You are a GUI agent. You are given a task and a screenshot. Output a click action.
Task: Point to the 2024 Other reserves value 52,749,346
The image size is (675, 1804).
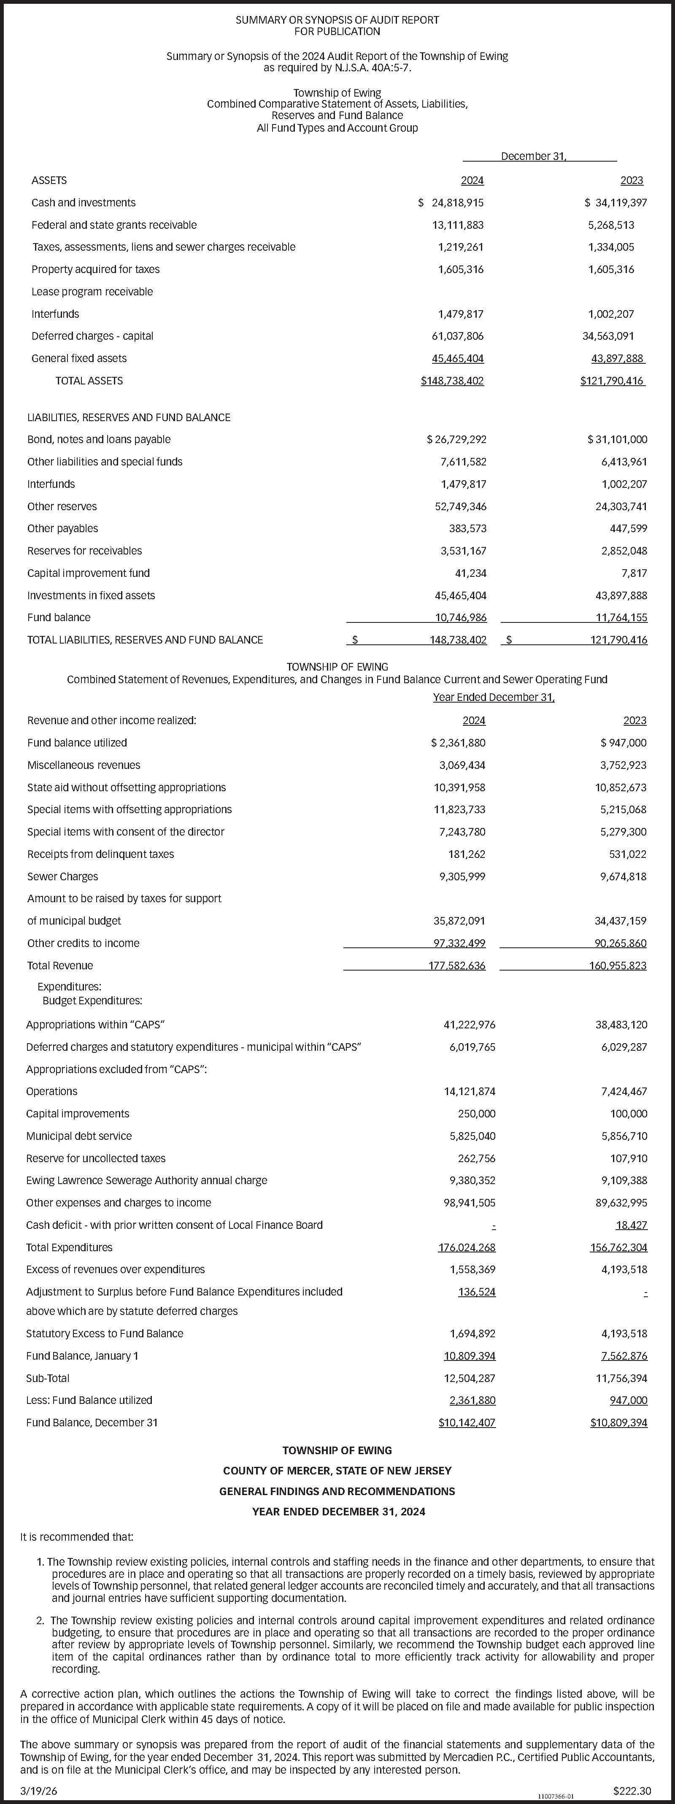pyautogui.click(x=461, y=506)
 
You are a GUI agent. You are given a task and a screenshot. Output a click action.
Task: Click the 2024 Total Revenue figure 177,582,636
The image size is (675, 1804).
pyautogui.click(x=456, y=966)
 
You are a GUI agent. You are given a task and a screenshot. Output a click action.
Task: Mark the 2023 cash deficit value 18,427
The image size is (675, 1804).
pyautogui.click(x=632, y=1225)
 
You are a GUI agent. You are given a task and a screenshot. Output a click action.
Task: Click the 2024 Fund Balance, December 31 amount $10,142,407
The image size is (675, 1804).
pyautogui.click(x=466, y=1423)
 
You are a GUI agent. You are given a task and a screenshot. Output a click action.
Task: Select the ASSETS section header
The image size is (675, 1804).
pyautogui.click(x=49, y=181)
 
